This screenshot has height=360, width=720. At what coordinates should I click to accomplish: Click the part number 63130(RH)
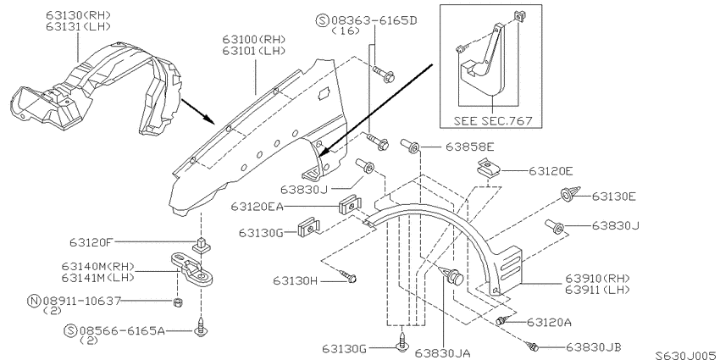(x=78, y=14)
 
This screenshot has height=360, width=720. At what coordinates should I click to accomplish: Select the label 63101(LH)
(x=254, y=51)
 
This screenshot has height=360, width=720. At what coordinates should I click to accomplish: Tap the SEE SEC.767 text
(x=493, y=121)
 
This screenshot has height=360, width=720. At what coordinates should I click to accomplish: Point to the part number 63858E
(x=470, y=147)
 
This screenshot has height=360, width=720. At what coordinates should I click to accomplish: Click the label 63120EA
(x=258, y=207)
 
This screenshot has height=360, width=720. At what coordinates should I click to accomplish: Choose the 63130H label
(x=296, y=280)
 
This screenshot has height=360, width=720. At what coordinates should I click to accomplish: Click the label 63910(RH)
(x=597, y=279)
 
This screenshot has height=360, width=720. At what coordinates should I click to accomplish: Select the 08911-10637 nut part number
(x=81, y=301)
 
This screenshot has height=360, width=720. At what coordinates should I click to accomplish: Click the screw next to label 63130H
(x=348, y=276)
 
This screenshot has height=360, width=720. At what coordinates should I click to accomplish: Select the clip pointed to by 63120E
(x=488, y=169)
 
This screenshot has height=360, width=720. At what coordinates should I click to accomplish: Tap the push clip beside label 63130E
(x=570, y=194)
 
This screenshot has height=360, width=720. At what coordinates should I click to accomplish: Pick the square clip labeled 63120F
(x=200, y=246)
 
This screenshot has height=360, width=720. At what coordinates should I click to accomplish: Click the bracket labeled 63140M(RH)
(x=194, y=269)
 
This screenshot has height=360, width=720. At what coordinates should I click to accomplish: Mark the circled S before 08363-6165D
(x=323, y=20)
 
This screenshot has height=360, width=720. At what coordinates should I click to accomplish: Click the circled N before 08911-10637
(x=34, y=302)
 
